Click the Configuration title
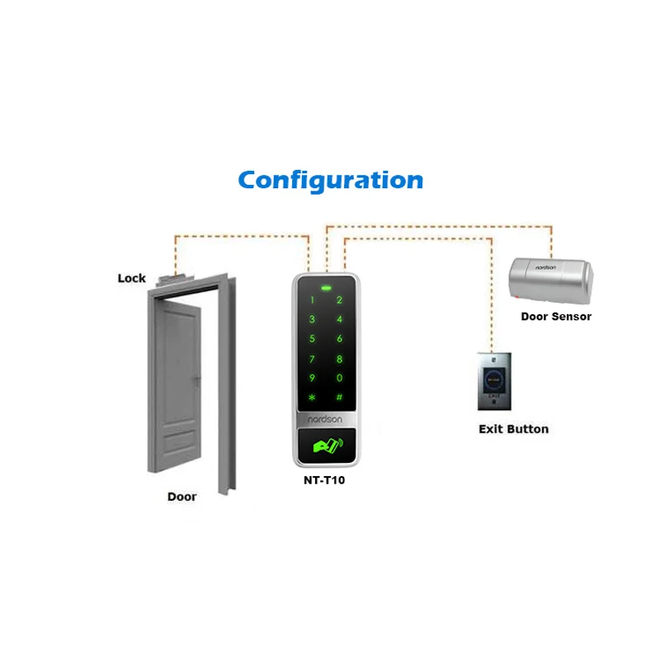pyautogui.click(x=330, y=180)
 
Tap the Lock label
pyautogui.click(x=131, y=278)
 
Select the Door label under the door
pyautogui.click(x=182, y=497)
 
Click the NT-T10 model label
pyautogui.click(x=323, y=479)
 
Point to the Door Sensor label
pyautogui.click(x=556, y=316)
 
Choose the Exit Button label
pyautogui.click(x=513, y=429)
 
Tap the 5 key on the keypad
pyautogui.click(x=313, y=339)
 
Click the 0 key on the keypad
pyautogui.click(x=339, y=378)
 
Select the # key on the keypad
pyautogui.click(x=339, y=397)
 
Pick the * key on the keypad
pyautogui.click(x=313, y=398)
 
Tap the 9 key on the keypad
pyautogui.click(x=313, y=378)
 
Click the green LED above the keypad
pyautogui.click(x=327, y=290)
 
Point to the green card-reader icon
pyautogui.click(x=326, y=448)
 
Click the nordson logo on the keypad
pyautogui.click(x=326, y=418)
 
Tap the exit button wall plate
pyautogui.click(x=496, y=382)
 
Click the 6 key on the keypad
pyautogui.click(x=339, y=339)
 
